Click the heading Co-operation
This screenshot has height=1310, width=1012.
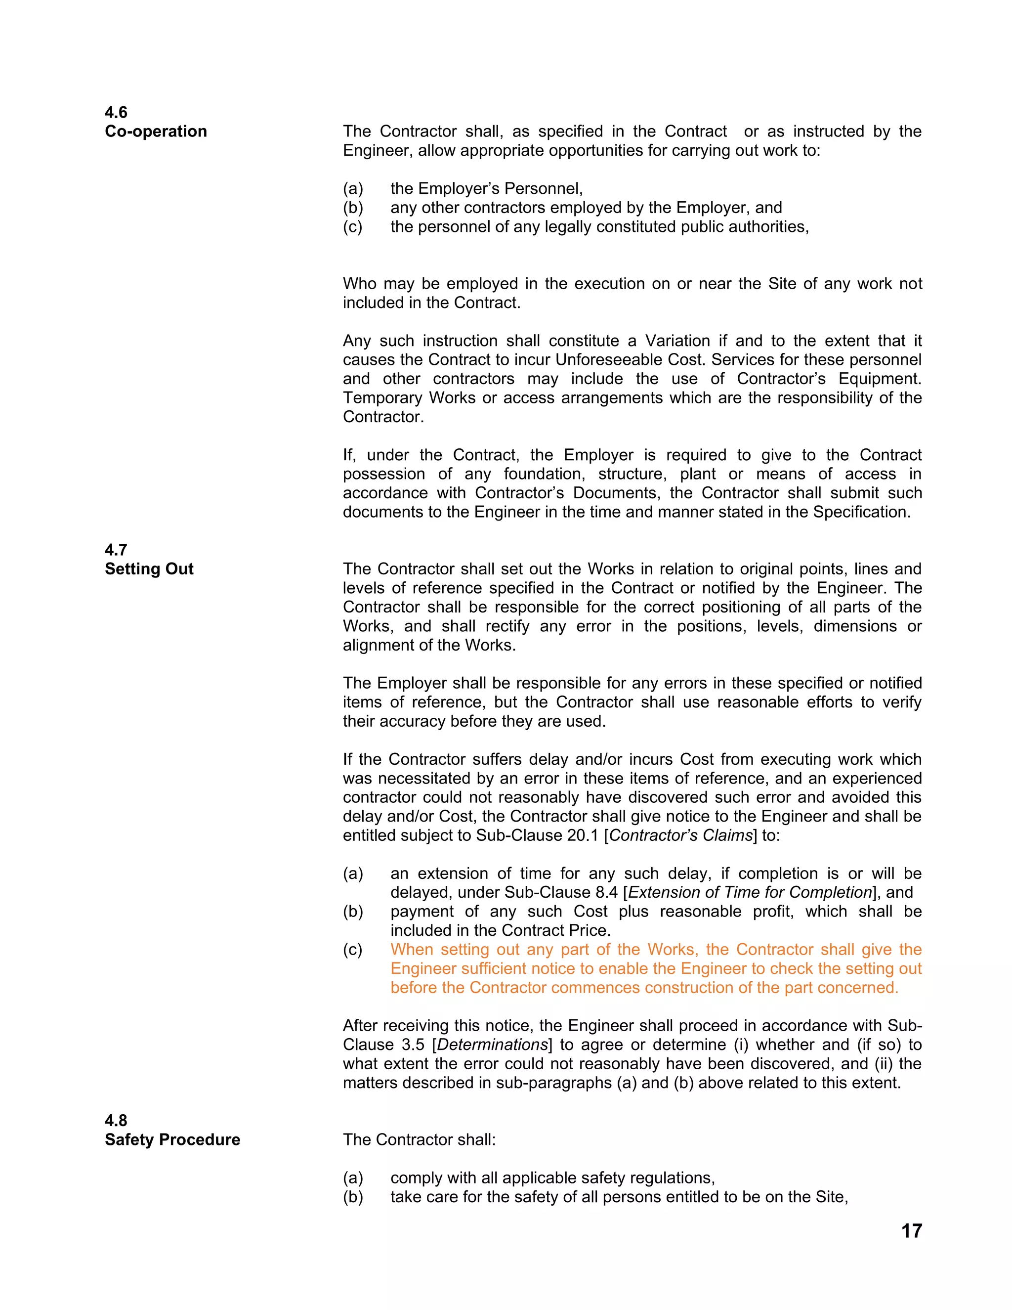pyautogui.click(x=156, y=131)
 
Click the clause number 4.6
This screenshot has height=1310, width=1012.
pyautogui.click(x=116, y=112)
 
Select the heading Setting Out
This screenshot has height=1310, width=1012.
pyautogui.click(x=149, y=568)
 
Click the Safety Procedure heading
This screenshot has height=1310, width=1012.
pyautogui.click(x=172, y=1139)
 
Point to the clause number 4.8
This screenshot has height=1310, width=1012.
pyautogui.click(x=116, y=1121)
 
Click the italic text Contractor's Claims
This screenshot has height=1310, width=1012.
pyautogui.click(x=680, y=835)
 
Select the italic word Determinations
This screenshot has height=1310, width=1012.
pyautogui.click(x=492, y=1045)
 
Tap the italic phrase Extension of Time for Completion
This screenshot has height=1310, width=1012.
pyautogui.click(x=750, y=892)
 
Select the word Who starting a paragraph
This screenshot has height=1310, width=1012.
pyautogui.click(x=360, y=284)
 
